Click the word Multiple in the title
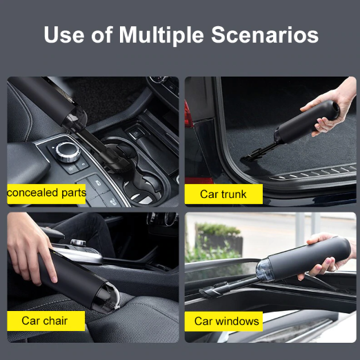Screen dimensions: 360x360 [x=161, y=35]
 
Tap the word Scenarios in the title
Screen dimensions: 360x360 [x=265, y=34]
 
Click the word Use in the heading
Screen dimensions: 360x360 [x=64, y=34]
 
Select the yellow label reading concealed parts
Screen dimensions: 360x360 [x=46, y=194]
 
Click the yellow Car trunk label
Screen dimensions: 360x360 [x=223, y=194]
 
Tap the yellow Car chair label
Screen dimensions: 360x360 [x=46, y=321]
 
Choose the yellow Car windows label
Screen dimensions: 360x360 [x=223, y=321]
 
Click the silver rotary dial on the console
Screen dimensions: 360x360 [x=69, y=152]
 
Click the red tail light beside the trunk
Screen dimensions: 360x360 [x=189, y=115]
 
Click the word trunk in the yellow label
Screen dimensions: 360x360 [x=234, y=194]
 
